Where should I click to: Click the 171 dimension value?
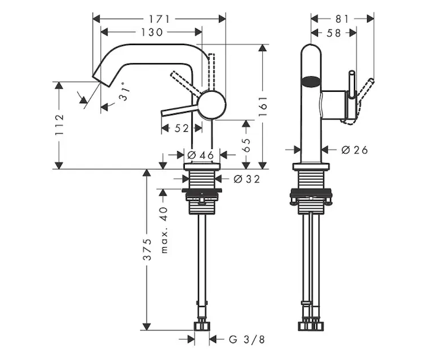click(160, 19)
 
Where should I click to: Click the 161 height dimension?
click(262, 106)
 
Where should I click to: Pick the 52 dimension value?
click(182, 127)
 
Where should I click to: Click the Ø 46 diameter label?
click(200, 155)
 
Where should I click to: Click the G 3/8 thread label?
click(247, 340)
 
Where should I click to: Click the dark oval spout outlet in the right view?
click(311, 81)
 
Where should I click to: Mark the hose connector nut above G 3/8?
click(202, 326)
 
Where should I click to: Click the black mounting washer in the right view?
click(311, 193)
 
